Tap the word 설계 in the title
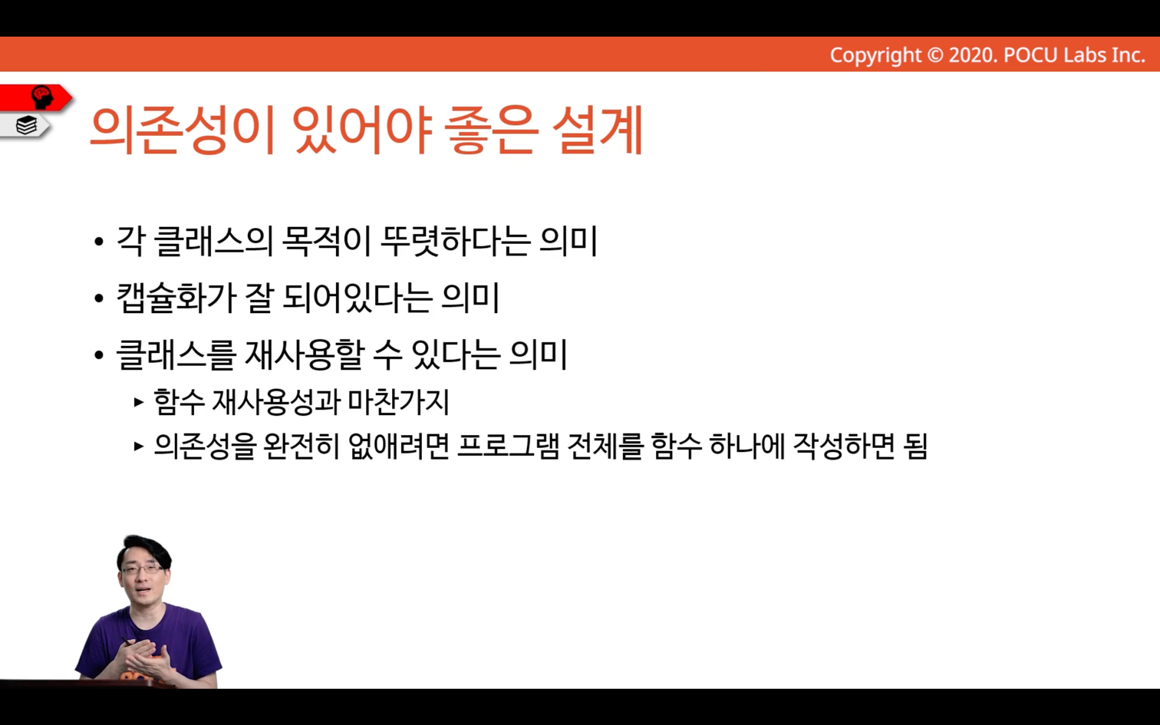(x=598, y=130)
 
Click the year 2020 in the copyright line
(x=972, y=55)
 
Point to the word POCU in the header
(x=1030, y=55)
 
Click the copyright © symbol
(x=934, y=55)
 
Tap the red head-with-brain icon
(x=42, y=97)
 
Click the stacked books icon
(x=26, y=125)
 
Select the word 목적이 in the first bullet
(x=326, y=242)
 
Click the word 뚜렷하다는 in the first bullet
(x=456, y=242)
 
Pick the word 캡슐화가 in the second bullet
(x=176, y=298)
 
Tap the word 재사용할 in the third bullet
(x=303, y=354)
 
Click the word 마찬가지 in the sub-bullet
(x=398, y=402)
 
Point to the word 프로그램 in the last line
(x=509, y=447)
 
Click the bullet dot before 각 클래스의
(x=99, y=242)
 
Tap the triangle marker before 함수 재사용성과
(x=138, y=402)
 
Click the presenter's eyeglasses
(x=141, y=569)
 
